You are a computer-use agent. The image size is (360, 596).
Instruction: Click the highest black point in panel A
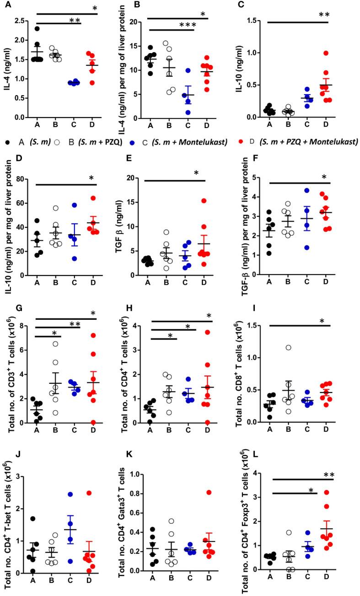click(37, 29)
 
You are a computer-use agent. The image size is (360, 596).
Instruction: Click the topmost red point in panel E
click(204, 201)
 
